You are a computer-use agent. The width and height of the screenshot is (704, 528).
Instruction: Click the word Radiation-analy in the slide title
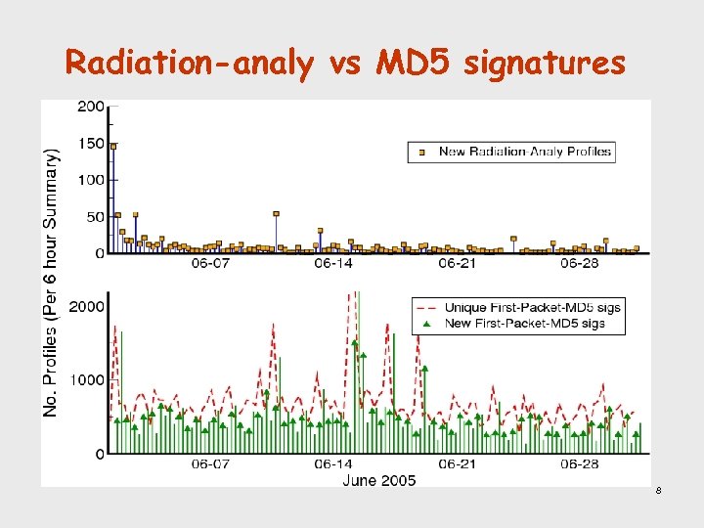[190, 64]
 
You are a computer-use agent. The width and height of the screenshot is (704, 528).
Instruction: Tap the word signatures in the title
[545, 64]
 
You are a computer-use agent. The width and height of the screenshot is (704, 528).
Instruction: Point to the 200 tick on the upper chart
[93, 106]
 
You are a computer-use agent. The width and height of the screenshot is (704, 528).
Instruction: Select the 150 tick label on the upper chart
[93, 144]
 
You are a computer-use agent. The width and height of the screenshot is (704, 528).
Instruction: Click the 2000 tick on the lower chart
[88, 306]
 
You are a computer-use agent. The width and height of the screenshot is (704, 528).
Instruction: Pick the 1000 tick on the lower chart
[88, 379]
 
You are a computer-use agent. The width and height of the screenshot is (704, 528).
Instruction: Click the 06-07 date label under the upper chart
[210, 264]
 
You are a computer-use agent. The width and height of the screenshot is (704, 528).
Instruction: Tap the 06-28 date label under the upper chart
[580, 264]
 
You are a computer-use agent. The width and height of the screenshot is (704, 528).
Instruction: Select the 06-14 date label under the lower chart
[333, 464]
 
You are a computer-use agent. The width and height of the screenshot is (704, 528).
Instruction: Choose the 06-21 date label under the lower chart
[457, 464]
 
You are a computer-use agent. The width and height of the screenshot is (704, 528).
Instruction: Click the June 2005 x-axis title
[379, 480]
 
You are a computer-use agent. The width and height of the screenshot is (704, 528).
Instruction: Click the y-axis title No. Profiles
[51, 284]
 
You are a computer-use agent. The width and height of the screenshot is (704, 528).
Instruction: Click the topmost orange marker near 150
[113, 147]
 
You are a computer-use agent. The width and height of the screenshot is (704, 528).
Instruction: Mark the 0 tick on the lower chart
[101, 454]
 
